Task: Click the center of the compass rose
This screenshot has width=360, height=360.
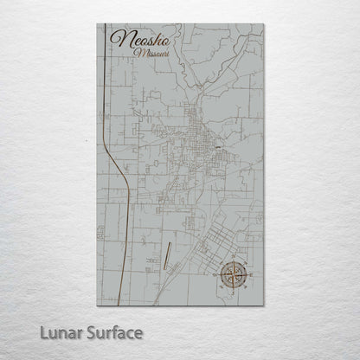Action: coord(231,276)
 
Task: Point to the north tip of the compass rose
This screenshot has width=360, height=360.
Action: coord(231,259)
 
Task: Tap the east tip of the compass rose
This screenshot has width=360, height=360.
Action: coord(248,276)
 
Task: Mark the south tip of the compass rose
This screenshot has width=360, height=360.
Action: coord(231,293)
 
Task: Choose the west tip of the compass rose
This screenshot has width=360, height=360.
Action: coord(214,276)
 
